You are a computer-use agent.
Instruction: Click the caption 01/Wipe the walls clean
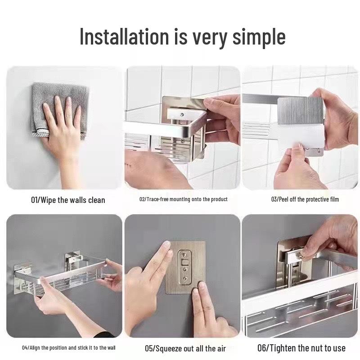tap(67, 200)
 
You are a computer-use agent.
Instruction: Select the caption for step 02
tap(183, 199)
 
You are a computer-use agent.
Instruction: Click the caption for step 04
tap(69, 348)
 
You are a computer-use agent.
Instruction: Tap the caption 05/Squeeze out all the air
tap(185, 348)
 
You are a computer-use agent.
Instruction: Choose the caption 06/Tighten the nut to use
tap(301, 348)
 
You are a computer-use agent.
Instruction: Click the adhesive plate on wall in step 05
tap(185, 267)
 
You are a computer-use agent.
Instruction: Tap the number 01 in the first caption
tap(34, 200)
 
